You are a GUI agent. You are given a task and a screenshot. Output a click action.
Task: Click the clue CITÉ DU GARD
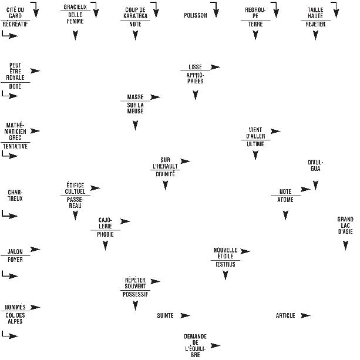[x=15, y=13]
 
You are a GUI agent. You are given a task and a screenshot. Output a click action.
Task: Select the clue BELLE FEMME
[x=76, y=18]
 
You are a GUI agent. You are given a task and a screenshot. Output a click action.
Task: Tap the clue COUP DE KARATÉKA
[x=135, y=13]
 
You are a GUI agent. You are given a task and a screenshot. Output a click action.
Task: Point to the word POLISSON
[x=196, y=15]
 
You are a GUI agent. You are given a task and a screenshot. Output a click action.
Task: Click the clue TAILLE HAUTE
[x=315, y=13]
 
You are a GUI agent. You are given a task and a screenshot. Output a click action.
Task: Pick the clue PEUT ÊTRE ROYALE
[x=15, y=71]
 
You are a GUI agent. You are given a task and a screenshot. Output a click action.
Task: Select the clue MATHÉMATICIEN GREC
[x=15, y=131]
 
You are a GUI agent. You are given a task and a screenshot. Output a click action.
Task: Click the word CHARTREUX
[x=15, y=195]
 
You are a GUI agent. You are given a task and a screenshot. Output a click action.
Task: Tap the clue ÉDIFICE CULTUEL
[x=76, y=188]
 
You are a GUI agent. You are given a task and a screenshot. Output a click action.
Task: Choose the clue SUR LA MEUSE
[x=135, y=108]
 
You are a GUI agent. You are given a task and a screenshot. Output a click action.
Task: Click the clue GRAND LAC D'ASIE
[x=345, y=226]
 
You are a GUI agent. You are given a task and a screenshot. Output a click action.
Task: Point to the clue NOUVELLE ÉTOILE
[x=225, y=253]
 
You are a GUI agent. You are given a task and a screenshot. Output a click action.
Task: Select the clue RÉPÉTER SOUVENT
[x=135, y=283]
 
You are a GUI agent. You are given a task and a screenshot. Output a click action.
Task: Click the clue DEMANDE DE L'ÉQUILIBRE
[x=195, y=345]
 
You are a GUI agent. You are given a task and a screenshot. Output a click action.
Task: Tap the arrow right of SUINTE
[x=186, y=316]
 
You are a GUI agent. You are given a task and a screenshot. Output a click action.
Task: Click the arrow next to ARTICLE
[x=305, y=316]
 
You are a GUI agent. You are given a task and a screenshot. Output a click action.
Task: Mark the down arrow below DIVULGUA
[x=316, y=185]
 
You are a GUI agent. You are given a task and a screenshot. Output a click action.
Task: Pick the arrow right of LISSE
[x=215, y=67]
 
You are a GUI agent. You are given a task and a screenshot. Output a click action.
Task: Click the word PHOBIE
[x=106, y=234]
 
